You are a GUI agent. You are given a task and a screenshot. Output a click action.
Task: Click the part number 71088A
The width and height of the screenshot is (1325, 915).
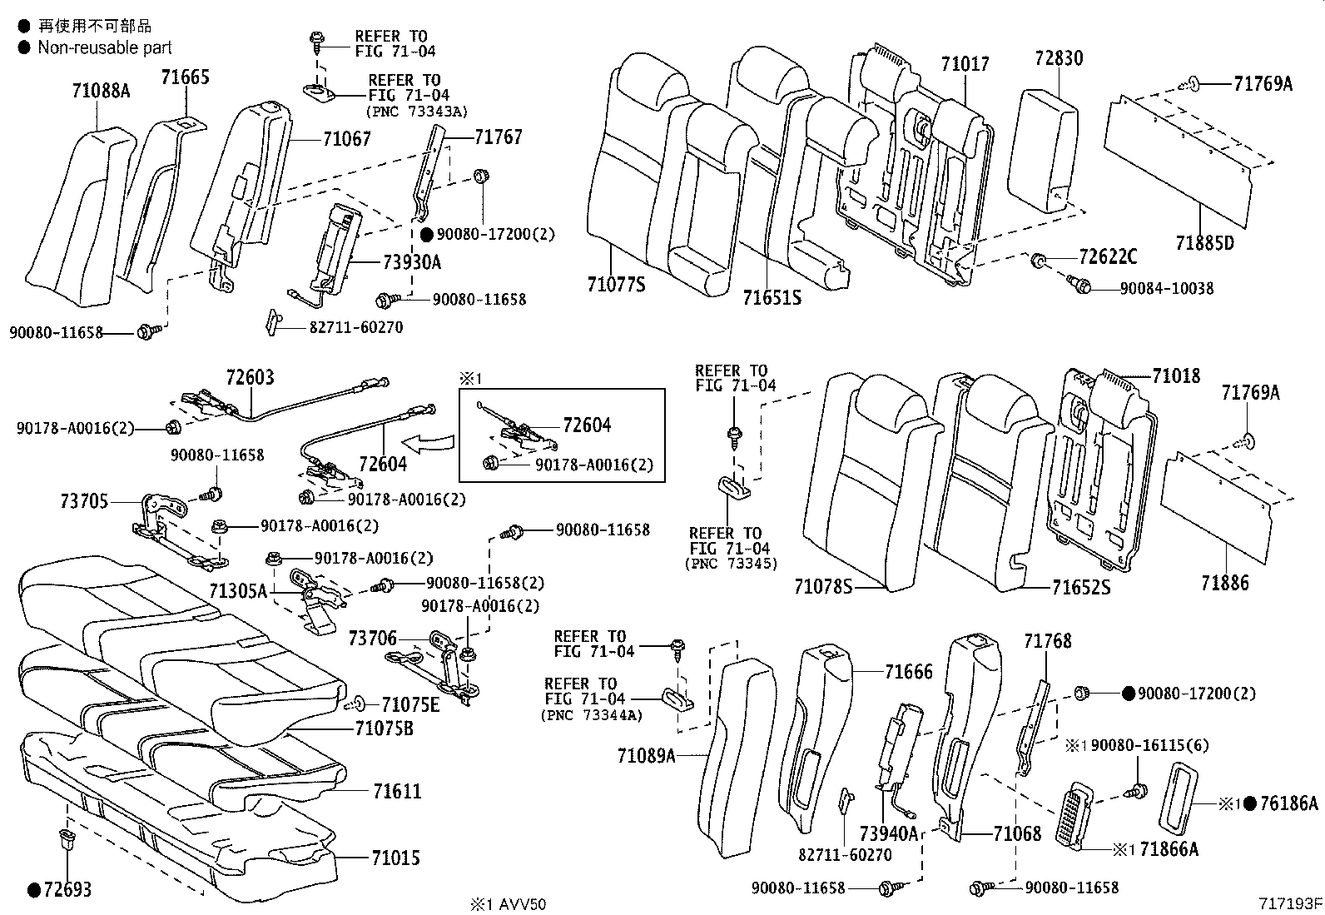pyautogui.click(x=101, y=91)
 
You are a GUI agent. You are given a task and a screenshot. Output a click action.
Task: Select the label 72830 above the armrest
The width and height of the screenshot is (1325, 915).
pyautogui.click(x=1059, y=58)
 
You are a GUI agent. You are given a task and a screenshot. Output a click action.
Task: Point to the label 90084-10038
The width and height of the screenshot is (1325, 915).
pyautogui.click(x=1166, y=288)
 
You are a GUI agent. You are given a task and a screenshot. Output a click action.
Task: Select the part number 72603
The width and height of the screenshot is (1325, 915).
pyautogui.click(x=250, y=378)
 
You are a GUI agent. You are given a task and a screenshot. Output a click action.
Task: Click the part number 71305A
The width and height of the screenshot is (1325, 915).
pyautogui.click(x=238, y=591)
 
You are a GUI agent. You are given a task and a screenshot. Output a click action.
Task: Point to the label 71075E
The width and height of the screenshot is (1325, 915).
pyautogui.click(x=409, y=705)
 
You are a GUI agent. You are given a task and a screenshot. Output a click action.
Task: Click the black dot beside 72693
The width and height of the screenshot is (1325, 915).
pyautogui.click(x=34, y=890)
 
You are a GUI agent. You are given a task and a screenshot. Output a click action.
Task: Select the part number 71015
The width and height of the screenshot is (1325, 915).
pyautogui.click(x=396, y=858)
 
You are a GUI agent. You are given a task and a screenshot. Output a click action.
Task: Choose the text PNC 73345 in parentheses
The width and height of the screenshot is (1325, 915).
pyautogui.click(x=731, y=564)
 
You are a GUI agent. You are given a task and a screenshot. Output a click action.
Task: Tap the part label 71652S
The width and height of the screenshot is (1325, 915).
pyautogui.click(x=1081, y=588)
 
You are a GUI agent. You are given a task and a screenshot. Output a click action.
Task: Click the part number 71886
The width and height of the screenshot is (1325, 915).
pyautogui.click(x=1224, y=583)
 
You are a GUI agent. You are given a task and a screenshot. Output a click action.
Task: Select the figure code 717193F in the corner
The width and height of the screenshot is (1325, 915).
pyautogui.click(x=1289, y=903)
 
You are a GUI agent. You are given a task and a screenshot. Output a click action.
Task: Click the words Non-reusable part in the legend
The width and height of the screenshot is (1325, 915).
pyautogui.click(x=105, y=47)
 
